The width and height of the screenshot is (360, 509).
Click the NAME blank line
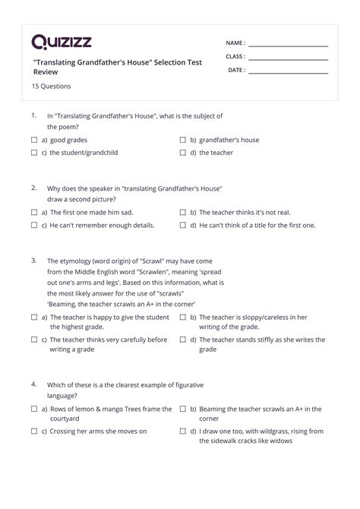(x=288, y=46)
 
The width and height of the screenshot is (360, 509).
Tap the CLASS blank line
(x=288, y=58)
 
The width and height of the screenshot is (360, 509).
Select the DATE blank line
(x=288, y=72)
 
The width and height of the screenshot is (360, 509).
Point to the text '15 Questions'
(x=51, y=87)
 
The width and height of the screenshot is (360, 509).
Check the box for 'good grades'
(x=34, y=141)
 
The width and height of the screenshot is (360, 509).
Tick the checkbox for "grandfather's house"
(x=183, y=141)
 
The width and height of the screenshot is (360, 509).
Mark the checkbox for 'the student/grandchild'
(x=34, y=153)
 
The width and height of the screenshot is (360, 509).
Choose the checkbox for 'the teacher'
(x=183, y=153)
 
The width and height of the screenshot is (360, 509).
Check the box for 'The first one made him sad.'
(x=34, y=213)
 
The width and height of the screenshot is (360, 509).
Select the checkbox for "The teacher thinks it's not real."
(x=183, y=213)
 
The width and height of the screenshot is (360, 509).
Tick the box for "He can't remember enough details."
(x=34, y=226)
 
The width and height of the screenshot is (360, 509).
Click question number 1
(x=34, y=115)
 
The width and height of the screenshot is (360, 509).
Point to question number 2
(x=34, y=187)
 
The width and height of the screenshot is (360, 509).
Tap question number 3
(x=34, y=259)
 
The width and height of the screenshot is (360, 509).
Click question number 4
(x=34, y=384)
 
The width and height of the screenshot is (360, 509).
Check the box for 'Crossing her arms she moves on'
(x=34, y=432)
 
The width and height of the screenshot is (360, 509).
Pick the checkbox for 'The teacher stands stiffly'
(x=183, y=339)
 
